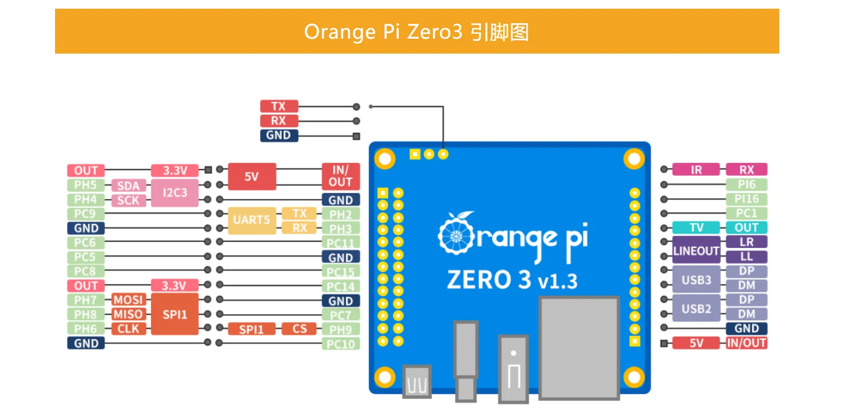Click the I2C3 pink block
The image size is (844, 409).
(174, 193)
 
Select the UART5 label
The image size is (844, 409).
(252, 220)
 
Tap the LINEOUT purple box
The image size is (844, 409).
(696, 250)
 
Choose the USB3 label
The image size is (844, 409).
(696, 280)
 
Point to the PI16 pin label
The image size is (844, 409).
(746, 199)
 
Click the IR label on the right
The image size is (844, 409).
(696, 170)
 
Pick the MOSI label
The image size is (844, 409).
(128, 300)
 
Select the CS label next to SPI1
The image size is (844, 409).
(299, 329)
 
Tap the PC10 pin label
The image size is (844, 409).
(340, 344)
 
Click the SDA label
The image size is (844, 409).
(128, 186)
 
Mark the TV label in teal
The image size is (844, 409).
(696, 227)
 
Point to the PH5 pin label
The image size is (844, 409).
(85, 185)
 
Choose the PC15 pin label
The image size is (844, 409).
(340, 272)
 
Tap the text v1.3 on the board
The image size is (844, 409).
(557, 281)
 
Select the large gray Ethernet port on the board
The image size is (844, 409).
(579, 348)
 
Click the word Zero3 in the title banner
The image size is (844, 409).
(435, 32)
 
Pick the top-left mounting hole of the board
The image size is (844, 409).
(385, 159)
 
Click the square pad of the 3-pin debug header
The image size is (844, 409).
(415, 154)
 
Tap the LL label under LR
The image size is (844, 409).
(746, 256)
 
